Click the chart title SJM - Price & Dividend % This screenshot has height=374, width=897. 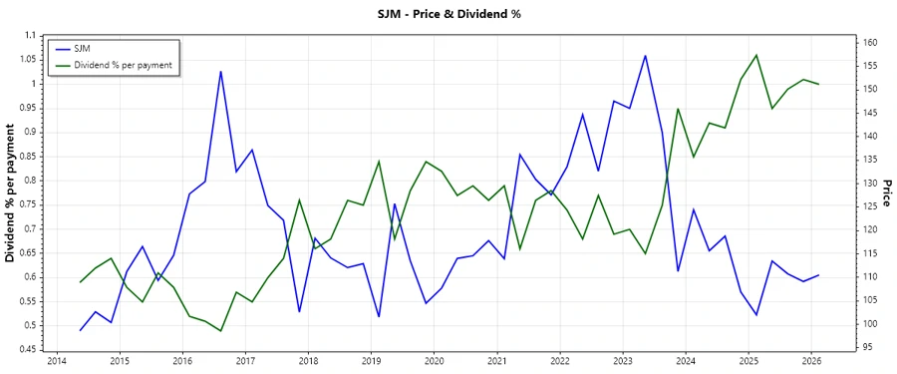click(x=448, y=14)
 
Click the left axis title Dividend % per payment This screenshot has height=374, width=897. click(x=11, y=192)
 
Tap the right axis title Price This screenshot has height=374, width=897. click(x=886, y=192)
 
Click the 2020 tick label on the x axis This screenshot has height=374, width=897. click(x=434, y=361)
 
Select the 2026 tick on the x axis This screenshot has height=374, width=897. click(x=811, y=361)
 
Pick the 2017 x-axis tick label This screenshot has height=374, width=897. click(x=245, y=361)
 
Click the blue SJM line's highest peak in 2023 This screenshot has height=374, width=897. click(x=645, y=56)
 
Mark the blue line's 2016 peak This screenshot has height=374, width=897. click(x=220, y=72)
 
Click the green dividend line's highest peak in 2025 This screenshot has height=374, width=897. click(x=756, y=55)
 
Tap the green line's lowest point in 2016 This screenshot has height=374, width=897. click(x=220, y=331)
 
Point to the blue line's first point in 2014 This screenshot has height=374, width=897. click(x=81, y=330)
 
